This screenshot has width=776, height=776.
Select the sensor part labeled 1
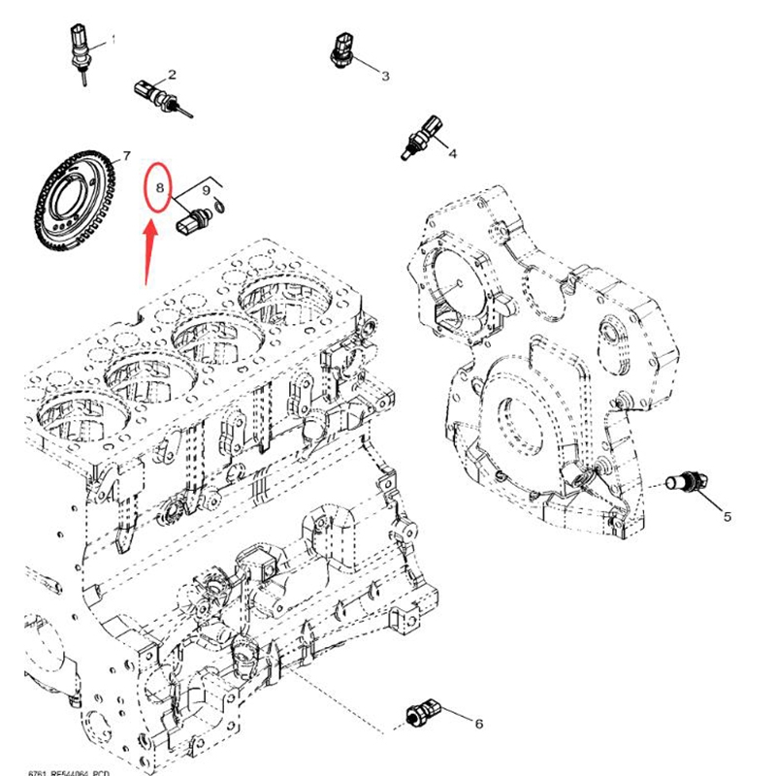pyautogui.click(x=77, y=49)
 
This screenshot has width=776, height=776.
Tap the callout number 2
pyautogui.click(x=172, y=75)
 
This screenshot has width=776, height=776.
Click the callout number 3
pyautogui.click(x=384, y=75)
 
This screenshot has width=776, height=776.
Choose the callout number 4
pyautogui.click(x=451, y=152)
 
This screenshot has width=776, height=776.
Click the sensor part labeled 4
pyautogui.click(x=425, y=136)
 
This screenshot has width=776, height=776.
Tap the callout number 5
pyautogui.click(x=727, y=517)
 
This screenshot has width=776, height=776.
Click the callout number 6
pyautogui.click(x=477, y=723)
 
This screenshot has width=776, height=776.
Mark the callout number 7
pyautogui.click(x=124, y=156)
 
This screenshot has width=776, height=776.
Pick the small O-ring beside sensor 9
pyautogui.click(x=222, y=205)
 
